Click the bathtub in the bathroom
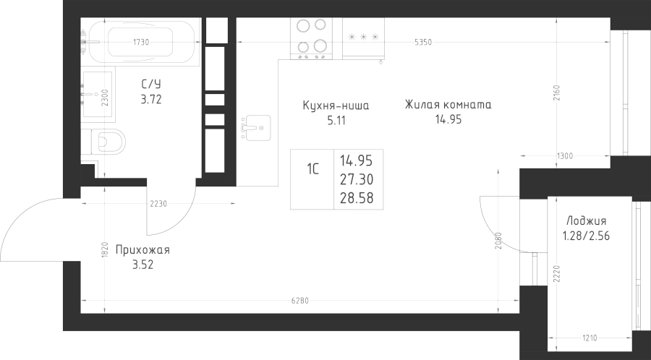tap(142, 40)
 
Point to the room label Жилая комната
tap(448, 105)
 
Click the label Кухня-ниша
tap(336, 106)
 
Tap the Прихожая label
tap(141, 251)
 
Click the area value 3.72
tap(150, 100)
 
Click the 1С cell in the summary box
tap(313, 171)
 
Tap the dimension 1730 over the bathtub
tap(142, 41)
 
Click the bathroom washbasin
tap(95, 93)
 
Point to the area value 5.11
tap(336, 121)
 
